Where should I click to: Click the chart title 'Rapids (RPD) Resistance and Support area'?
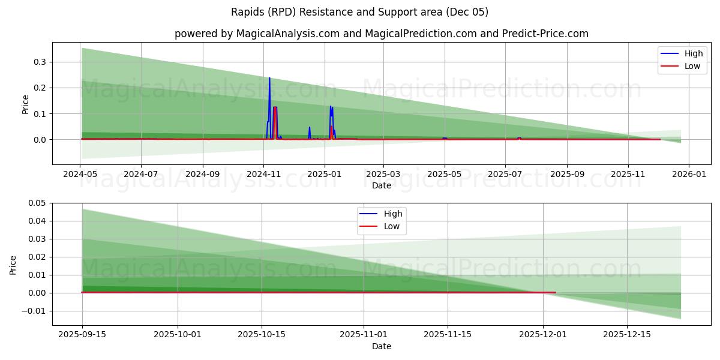(x=360, y=12)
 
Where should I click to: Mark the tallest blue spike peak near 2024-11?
(x=269, y=77)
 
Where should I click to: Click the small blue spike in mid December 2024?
(x=310, y=127)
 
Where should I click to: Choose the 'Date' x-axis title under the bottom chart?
(x=381, y=346)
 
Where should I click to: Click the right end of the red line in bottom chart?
(x=555, y=292)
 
